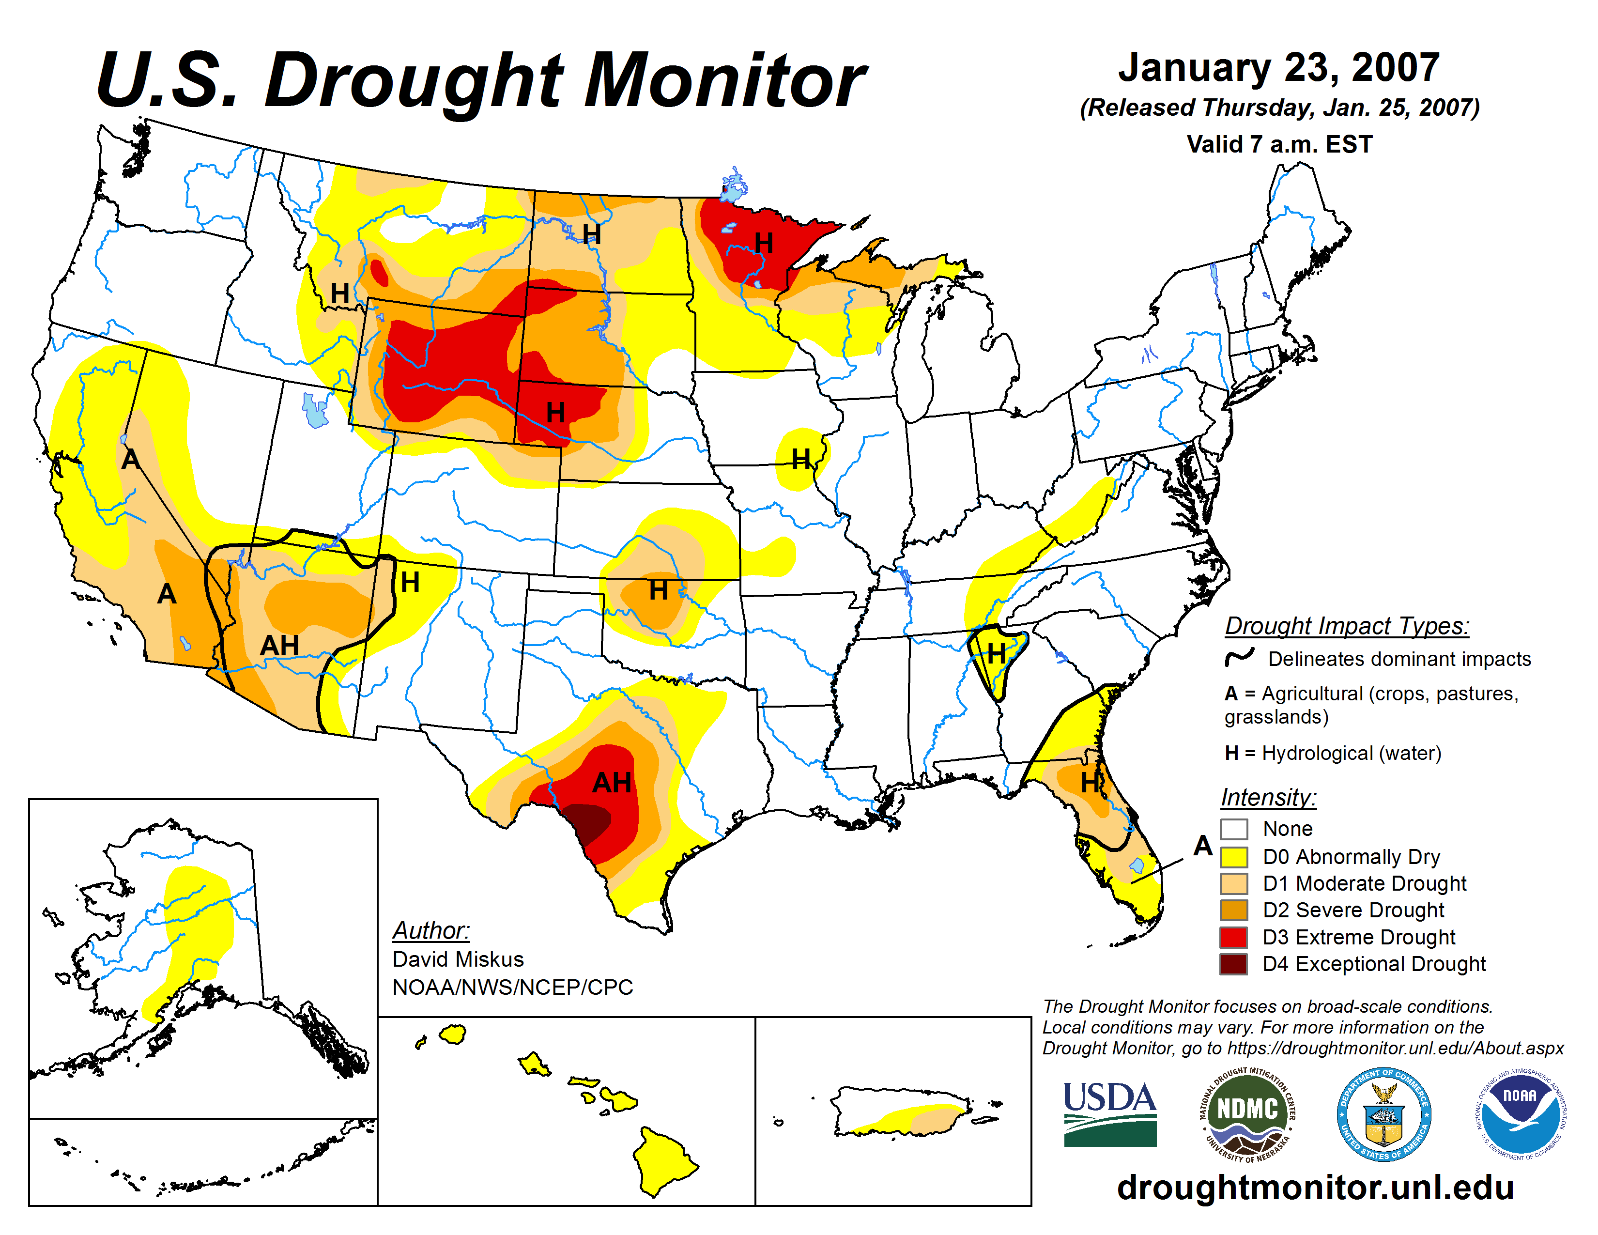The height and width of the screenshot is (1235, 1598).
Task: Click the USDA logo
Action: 1109,1113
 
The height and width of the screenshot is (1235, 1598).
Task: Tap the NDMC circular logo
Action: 1247,1113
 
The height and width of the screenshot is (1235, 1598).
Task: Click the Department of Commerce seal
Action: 1383,1113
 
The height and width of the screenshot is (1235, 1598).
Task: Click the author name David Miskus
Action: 458,959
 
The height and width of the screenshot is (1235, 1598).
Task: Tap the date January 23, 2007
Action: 1278,67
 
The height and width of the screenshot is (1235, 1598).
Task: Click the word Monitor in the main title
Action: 724,80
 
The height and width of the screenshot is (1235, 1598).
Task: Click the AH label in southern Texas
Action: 612,783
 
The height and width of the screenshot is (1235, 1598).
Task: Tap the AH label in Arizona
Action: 279,645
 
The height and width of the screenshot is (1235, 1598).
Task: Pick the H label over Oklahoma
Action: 659,590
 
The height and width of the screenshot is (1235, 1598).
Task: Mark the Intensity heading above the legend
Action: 1269,797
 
